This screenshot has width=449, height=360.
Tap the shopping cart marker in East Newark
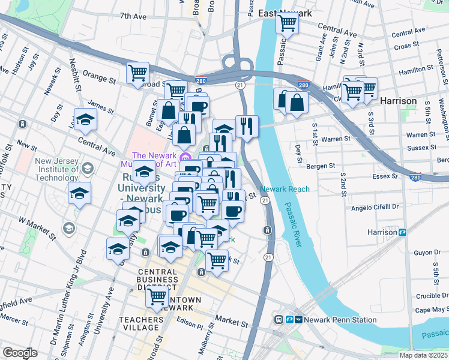click(287, 24)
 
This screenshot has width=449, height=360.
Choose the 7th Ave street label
click(133, 17)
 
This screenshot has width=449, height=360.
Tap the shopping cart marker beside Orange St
click(138, 73)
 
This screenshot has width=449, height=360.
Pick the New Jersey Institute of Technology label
click(56, 169)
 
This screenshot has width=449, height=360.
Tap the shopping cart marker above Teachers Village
click(157, 296)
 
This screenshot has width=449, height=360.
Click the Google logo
click(20, 353)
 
